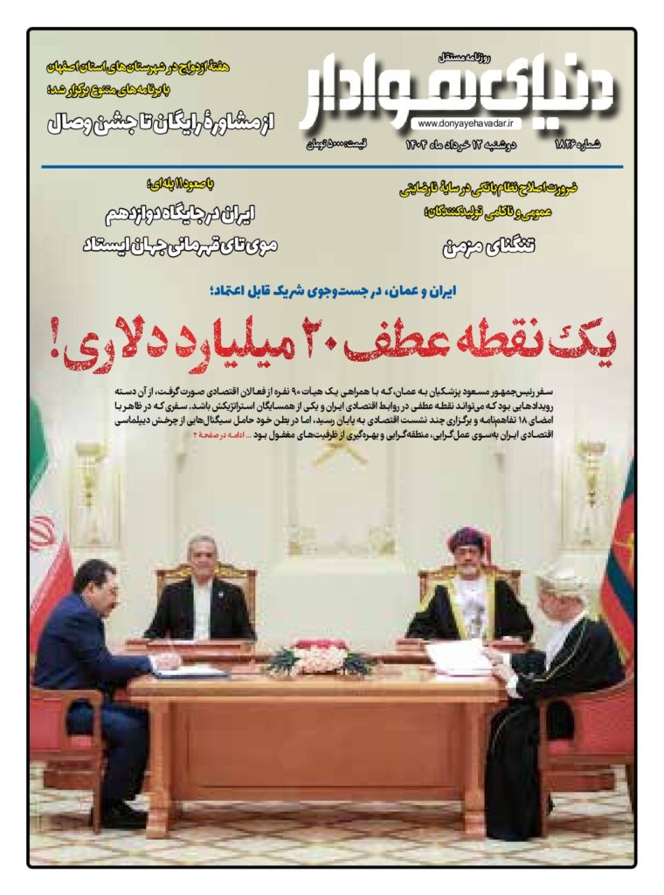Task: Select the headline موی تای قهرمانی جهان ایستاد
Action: (179, 246)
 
